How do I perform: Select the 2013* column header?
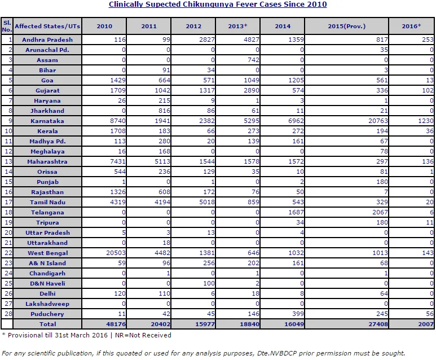pyautogui.click(x=237, y=26)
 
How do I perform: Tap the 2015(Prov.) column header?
pyautogui.click(x=346, y=26)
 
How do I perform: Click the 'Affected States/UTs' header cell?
pyautogui.click(x=47, y=26)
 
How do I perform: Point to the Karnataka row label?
pyautogui.click(x=47, y=121)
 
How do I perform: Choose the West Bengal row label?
pyautogui.click(x=47, y=253)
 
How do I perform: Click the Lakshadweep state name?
pyautogui.click(x=47, y=304)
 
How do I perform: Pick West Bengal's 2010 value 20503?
pyautogui.click(x=116, y=253)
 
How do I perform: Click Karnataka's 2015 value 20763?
pyautogui.click(x=378, y=121)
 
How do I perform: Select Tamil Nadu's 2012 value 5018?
pyautogui.click(x=207, y=202)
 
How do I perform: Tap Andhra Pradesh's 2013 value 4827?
pyautogui.click(x=252, y=39)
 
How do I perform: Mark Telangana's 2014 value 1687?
pyautogui.click(x=296, y=212)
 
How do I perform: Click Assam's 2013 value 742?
pyautogui.click(x=253, y=60)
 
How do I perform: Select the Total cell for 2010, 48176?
pyautogui.click(x=116, y=324)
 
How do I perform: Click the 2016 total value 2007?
pyautogui.click(x=426, y=324)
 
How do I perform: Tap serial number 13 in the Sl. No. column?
pyautogui.click(x=8, y=161)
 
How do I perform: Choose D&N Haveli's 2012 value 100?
pyautogui.click(x=209, y=283)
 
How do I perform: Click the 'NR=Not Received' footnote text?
pyautogui.click(x=143, y=335)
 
